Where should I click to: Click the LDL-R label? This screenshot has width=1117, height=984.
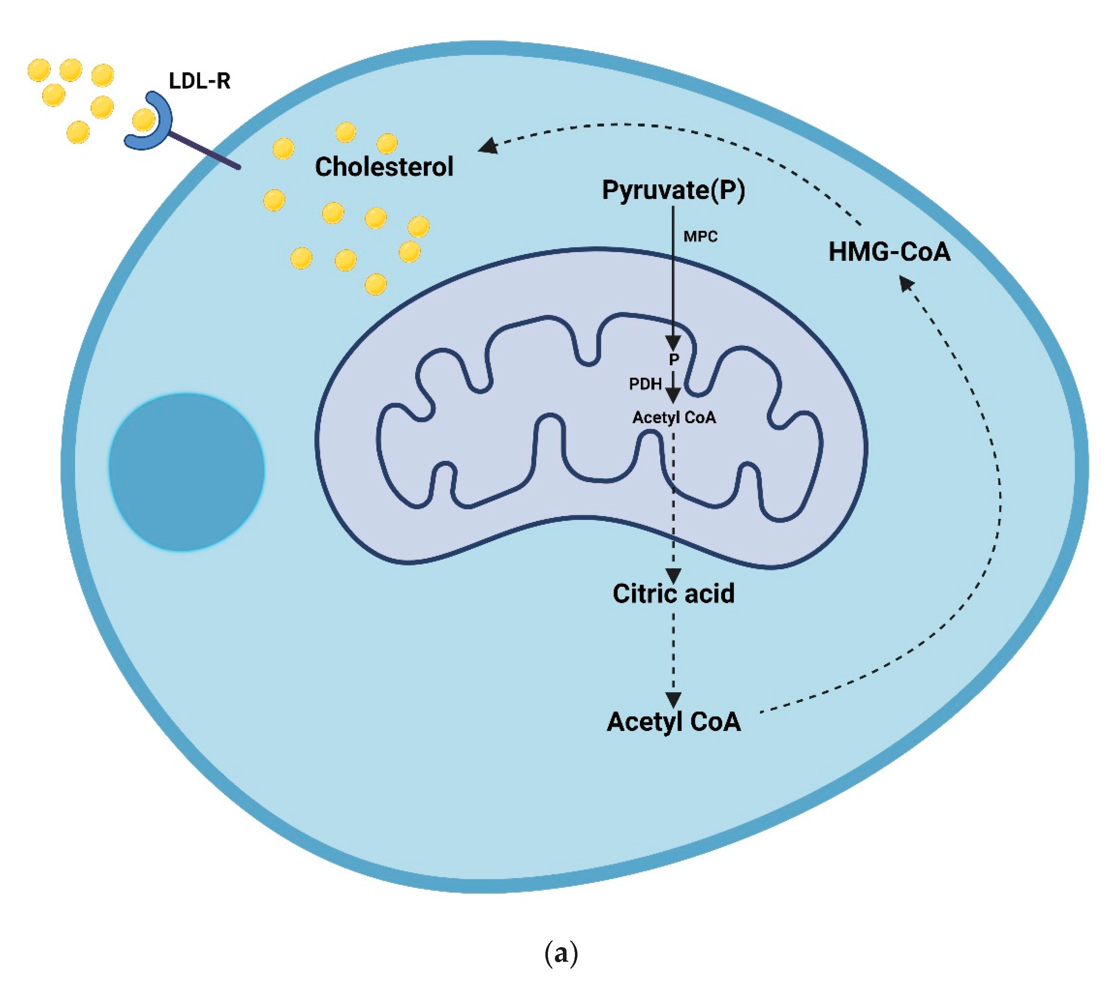(x=199, y=81)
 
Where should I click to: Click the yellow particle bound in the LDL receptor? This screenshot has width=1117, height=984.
(x=143, y=120)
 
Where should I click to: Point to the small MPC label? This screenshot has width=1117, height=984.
(x=700, y=237)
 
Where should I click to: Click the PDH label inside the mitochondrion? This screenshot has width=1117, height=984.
(x=645, y=384)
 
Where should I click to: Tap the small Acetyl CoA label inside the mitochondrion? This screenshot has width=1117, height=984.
(x=674, y=417)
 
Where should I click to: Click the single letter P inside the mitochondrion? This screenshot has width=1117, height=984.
(x=674, y=359)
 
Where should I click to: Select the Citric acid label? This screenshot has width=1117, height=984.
(x=673, y=593)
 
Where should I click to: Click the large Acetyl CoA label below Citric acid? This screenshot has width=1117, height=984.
(x=673, y=722)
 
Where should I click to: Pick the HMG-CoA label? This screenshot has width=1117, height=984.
(x=889, y=252)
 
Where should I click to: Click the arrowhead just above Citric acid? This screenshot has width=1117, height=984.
(x=673, y=575)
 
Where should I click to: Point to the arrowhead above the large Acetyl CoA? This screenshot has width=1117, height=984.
(x=673, y=699)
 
